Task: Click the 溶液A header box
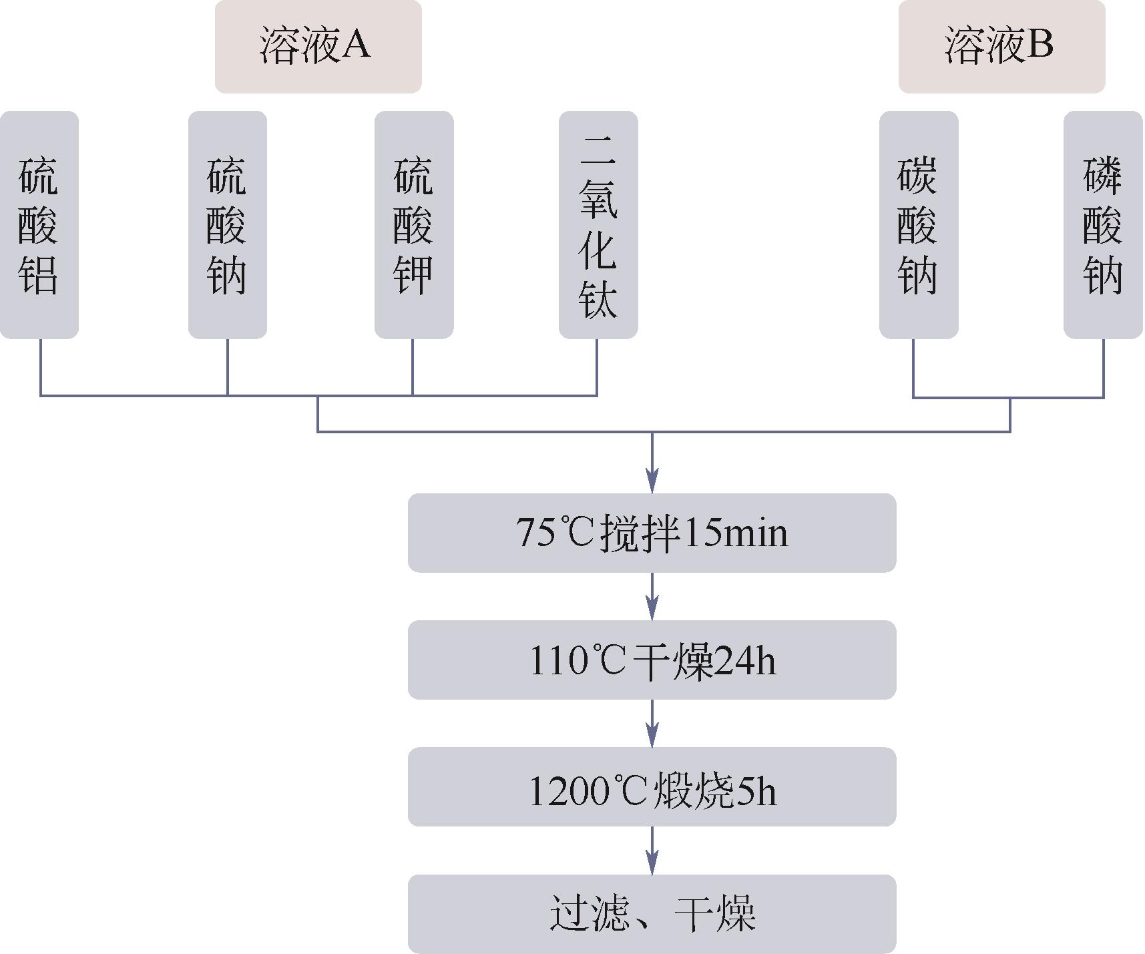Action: click(318, 46)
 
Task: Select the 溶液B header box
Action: click(1001, 46)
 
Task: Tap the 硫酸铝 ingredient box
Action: click(39, 225)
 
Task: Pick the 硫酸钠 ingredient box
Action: click(227, 225)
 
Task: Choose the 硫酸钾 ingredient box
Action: click(413, 225)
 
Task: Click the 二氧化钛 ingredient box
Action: click(598, 225)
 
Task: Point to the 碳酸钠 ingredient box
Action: click(918, 225)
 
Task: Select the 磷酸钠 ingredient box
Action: click(1103, 225)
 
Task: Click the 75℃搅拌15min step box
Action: click(652, 533)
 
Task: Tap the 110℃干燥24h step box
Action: click(652, 660)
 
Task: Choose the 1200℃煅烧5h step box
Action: click(652, 786)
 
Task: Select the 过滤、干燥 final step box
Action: click(652, 913)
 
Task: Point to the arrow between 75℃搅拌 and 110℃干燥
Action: click(652, 597)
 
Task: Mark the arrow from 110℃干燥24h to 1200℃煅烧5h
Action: click(652, 724)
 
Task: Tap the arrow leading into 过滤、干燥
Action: click(652, 851)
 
